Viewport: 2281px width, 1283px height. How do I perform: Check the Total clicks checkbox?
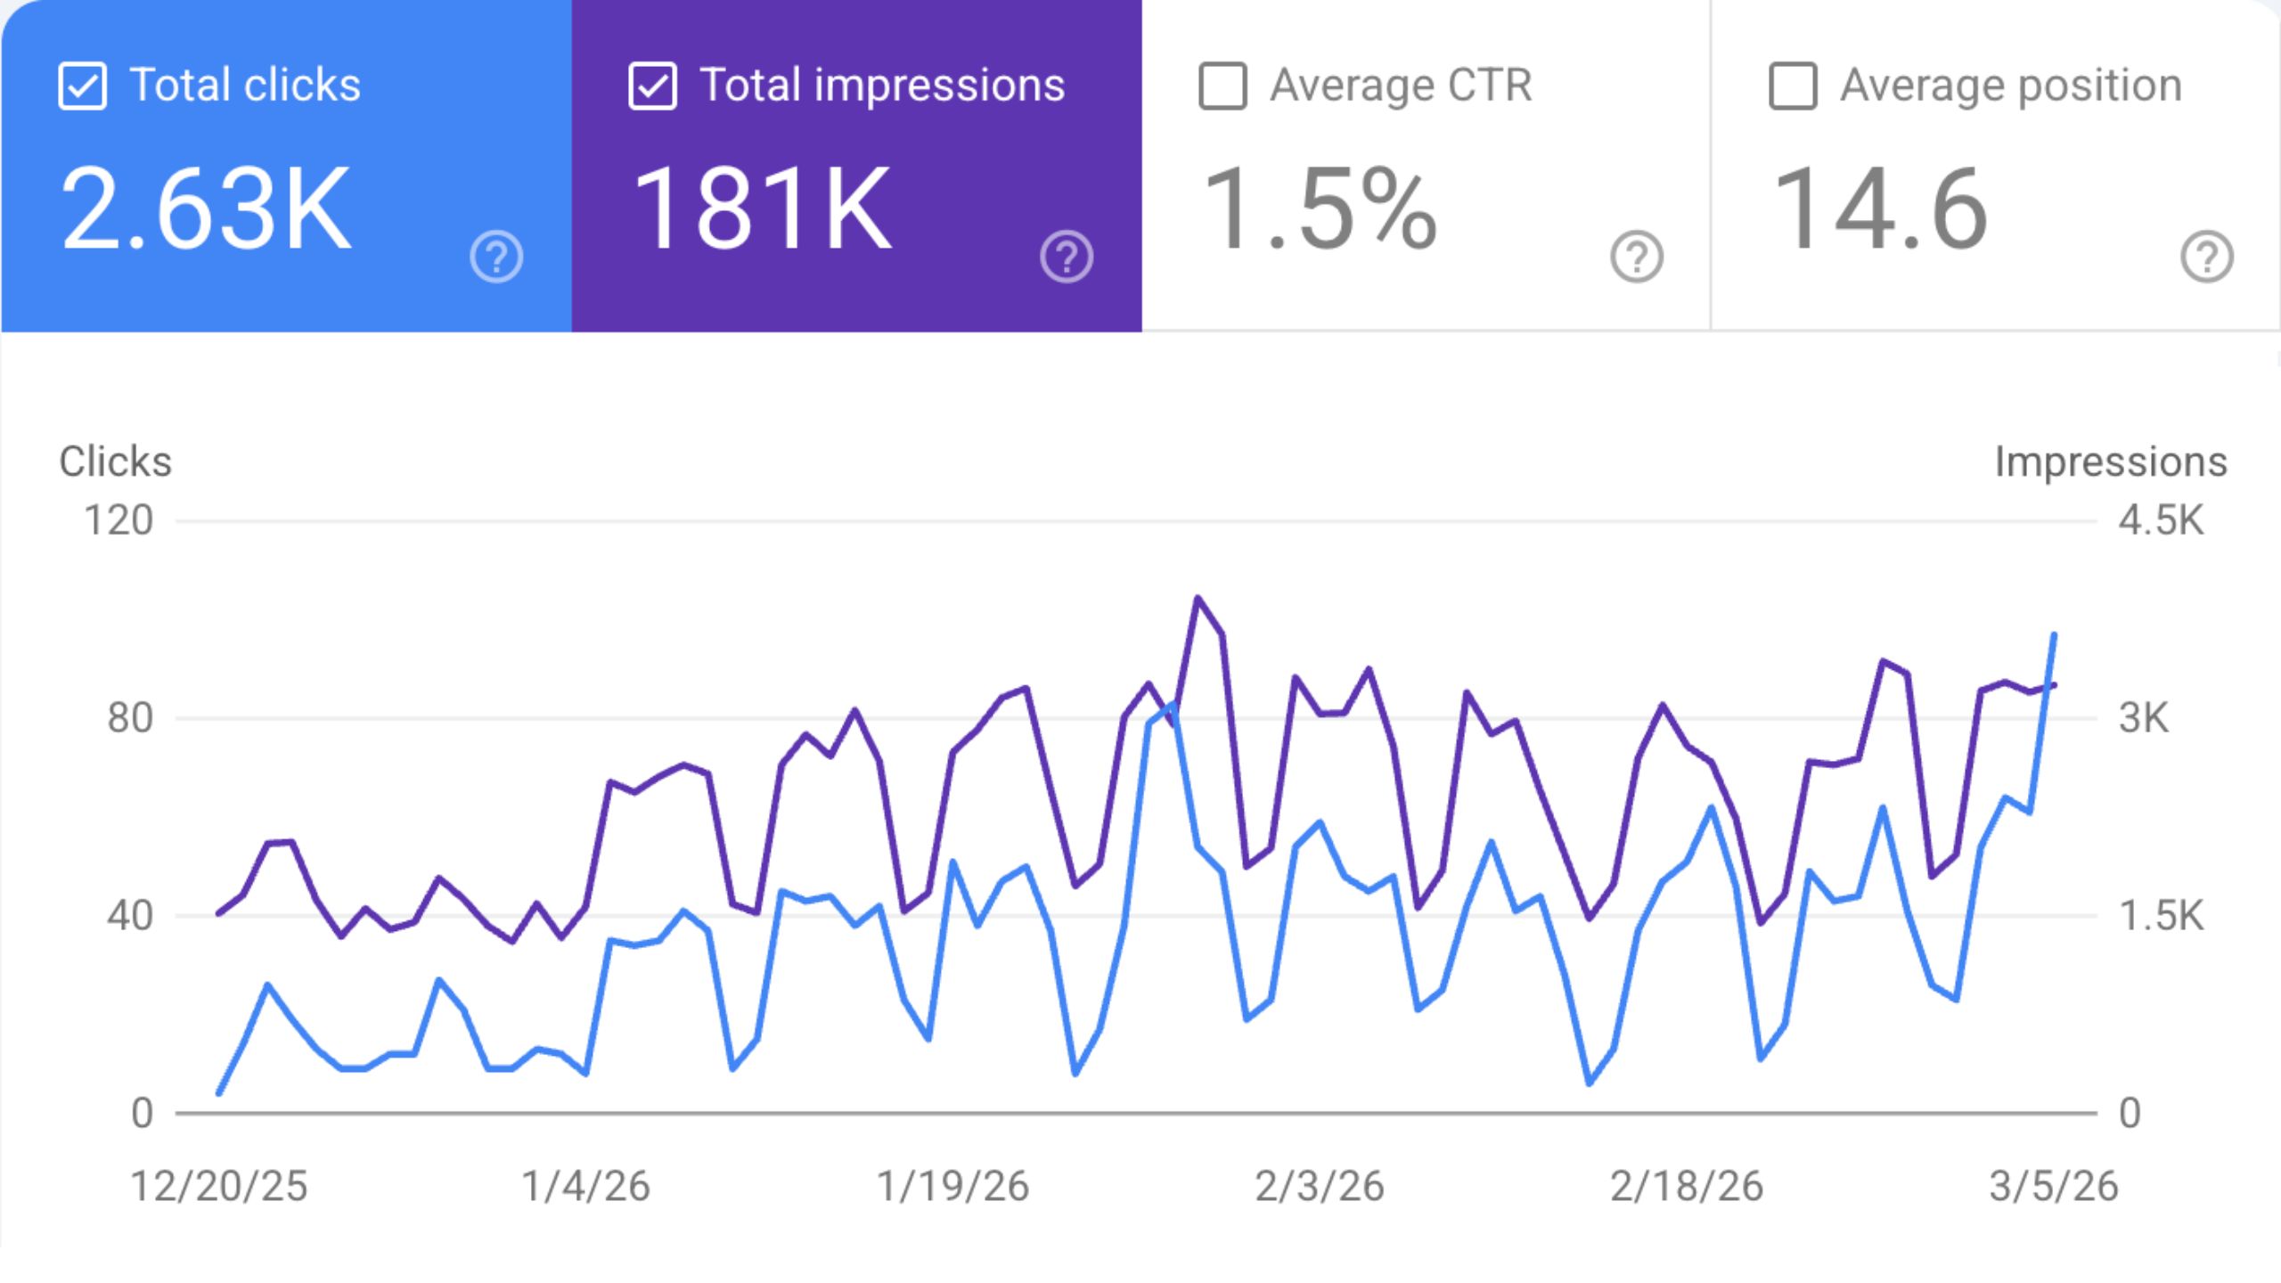82,86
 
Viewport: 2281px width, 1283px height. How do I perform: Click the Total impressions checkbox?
652,86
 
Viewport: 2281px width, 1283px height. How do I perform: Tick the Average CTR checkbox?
1222,86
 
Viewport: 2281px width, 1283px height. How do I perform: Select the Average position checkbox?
1793,86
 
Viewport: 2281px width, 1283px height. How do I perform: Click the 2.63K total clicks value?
207,208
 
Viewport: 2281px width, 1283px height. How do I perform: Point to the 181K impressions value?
763,208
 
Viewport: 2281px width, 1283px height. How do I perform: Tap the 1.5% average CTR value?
1320,208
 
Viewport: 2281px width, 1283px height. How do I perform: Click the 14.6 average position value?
1880,208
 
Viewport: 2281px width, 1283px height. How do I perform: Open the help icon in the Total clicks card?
496,257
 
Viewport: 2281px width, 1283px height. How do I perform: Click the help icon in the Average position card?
2207,257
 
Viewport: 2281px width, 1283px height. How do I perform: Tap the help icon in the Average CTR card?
1637,257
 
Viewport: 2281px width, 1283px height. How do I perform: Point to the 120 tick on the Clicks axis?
119,520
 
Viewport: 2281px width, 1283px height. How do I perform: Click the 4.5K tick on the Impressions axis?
2162,520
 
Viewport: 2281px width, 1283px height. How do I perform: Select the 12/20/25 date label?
219,1187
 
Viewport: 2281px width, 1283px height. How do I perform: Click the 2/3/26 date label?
1320,1187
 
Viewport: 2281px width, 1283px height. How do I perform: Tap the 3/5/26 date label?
2054,1187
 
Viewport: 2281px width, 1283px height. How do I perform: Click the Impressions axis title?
2111,462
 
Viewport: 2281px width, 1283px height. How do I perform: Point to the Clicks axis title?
116,462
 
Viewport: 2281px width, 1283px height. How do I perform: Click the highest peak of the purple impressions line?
1198,598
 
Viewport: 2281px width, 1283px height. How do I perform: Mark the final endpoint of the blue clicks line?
2055,634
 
